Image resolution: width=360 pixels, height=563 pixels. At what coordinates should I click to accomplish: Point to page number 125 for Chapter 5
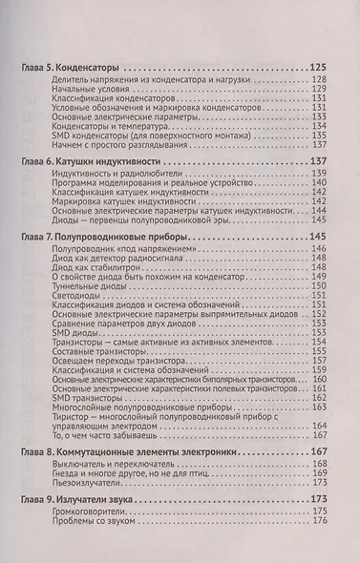[320, 71]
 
